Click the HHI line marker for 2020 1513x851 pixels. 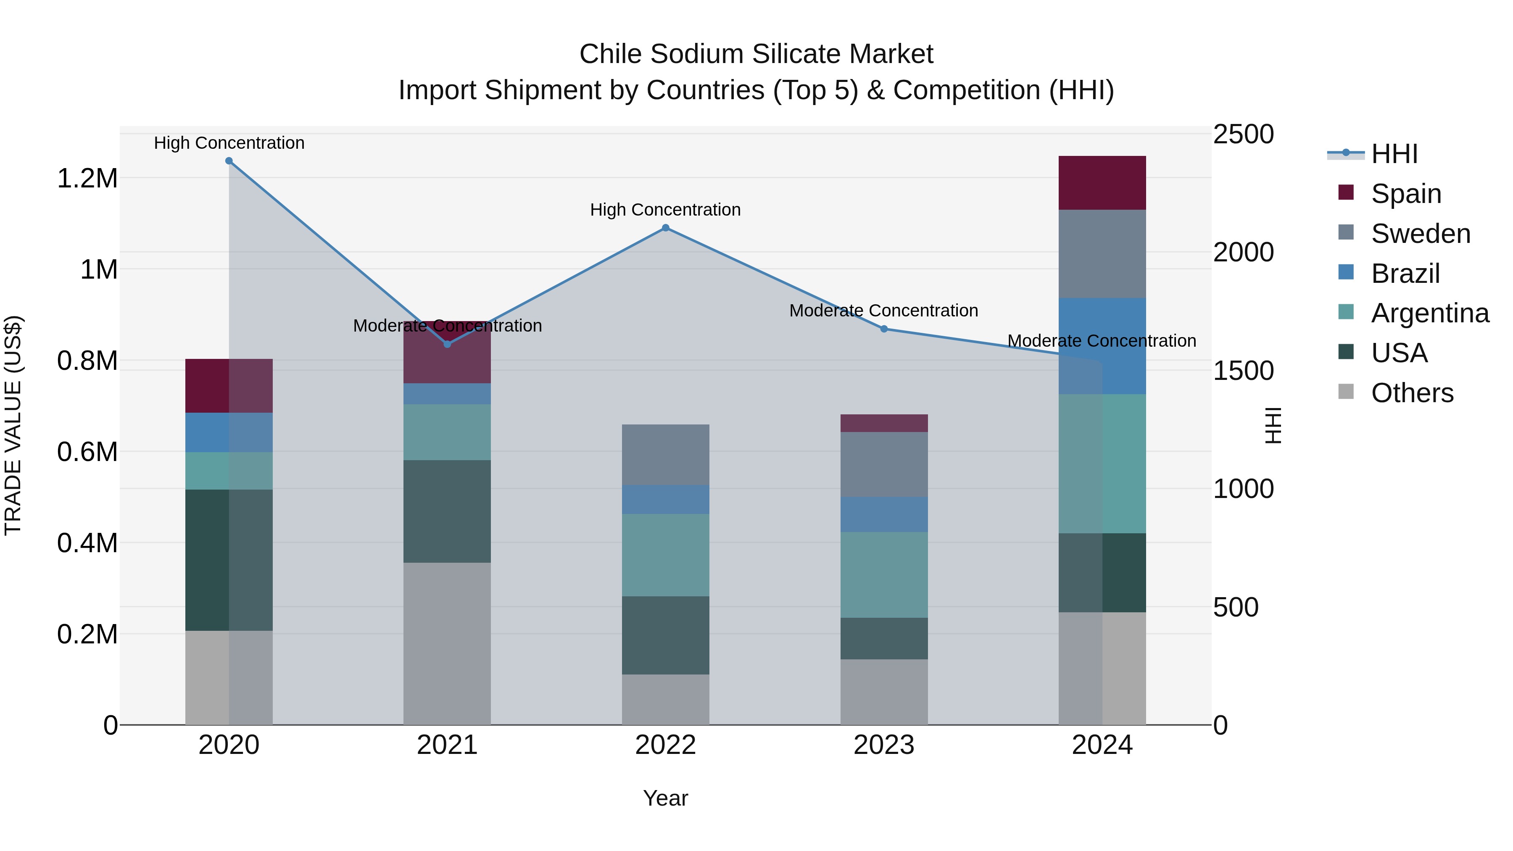[x=229, y=161]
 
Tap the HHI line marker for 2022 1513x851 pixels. [x=665, y=228]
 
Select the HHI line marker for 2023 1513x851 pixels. [x=884, y=329]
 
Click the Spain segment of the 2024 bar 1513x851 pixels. [x=1102, y=183]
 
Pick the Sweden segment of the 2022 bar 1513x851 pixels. [x=665, y=455]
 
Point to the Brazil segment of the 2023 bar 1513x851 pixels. [x=884, y=514]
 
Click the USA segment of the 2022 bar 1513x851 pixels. [x=665, y=635]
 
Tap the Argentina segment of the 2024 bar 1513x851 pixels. [x=1102, y=464]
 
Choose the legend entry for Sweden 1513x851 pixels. [x=1420, y=234]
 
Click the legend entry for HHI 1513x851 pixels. [x=1394, y=154]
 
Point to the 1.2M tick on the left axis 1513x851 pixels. [x=87, y=178]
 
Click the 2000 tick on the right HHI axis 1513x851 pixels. [x=1243, y=253]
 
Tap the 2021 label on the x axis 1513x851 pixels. [x=447, y=745]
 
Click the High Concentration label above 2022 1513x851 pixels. [x=665, y=210]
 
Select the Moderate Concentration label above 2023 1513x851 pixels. [x=883, y=311]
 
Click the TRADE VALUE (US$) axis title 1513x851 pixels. [x=13, y=425]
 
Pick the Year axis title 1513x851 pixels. [x=665, y=798]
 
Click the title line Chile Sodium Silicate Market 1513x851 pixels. [x=756, y=54]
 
